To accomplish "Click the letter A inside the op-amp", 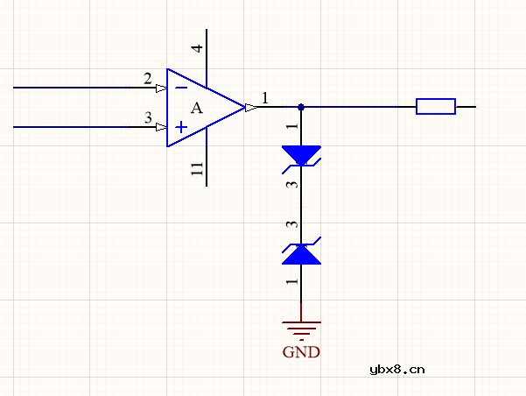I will click(196, 108).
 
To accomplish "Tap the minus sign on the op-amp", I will click(180, 88).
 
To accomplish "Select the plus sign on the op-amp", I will click(180, 127).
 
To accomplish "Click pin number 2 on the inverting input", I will click(148, 79).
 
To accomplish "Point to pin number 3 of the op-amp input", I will click(148, 117).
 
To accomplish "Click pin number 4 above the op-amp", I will click(198, 48).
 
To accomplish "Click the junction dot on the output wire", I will click(301, 107).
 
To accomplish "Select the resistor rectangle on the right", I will click(435, 107).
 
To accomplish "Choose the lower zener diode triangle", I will click(301, 254).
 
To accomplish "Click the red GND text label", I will click(301, 353).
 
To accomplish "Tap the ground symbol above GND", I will click(301, 329).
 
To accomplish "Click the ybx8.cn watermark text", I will click(397, 369).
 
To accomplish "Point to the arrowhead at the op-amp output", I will click(250, 107).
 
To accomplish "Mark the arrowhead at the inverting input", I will click(161, 88).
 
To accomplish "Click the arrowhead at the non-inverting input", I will click(161, 127).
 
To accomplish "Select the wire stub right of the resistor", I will click(466, 107).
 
